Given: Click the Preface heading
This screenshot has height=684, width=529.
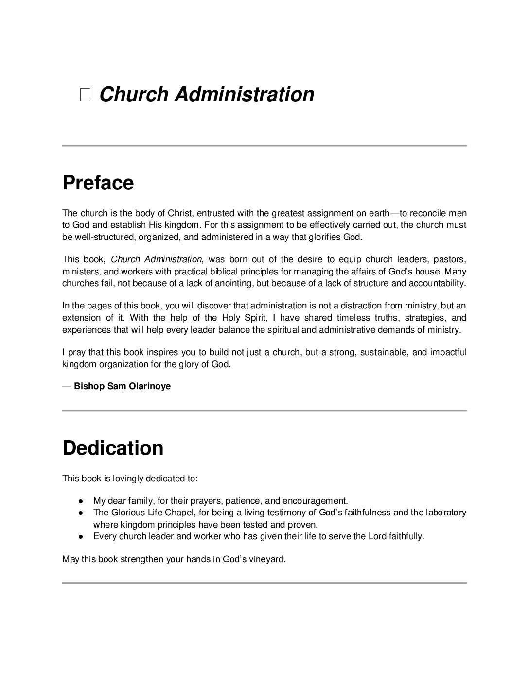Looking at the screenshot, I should point(98,183).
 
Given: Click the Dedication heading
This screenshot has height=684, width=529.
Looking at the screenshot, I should point(113,448).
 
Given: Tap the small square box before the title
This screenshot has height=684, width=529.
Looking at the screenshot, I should point(86,95).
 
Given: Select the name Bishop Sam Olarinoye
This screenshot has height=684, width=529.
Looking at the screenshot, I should point(122,387).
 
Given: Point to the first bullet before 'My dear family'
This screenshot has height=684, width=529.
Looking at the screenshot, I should point(82,501).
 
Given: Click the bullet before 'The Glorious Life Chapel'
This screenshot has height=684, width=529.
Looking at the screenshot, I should point(82,513).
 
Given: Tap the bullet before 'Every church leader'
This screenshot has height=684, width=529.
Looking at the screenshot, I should point(82,537).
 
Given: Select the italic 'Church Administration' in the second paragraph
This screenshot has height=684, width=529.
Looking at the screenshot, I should point(156,259).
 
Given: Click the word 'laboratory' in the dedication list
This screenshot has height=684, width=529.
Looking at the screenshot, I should point(445,513).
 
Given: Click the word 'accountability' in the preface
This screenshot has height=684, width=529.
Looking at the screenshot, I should point(436,283).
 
